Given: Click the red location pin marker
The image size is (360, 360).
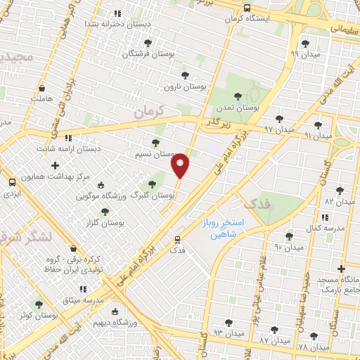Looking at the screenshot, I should [181, 165].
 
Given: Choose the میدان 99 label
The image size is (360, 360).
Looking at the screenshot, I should [305, 53].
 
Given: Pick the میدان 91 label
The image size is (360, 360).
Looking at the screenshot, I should [319, 135].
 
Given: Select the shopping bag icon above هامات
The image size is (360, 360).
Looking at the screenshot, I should [42, 89].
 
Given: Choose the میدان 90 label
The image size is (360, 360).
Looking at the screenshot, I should [288, 247].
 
